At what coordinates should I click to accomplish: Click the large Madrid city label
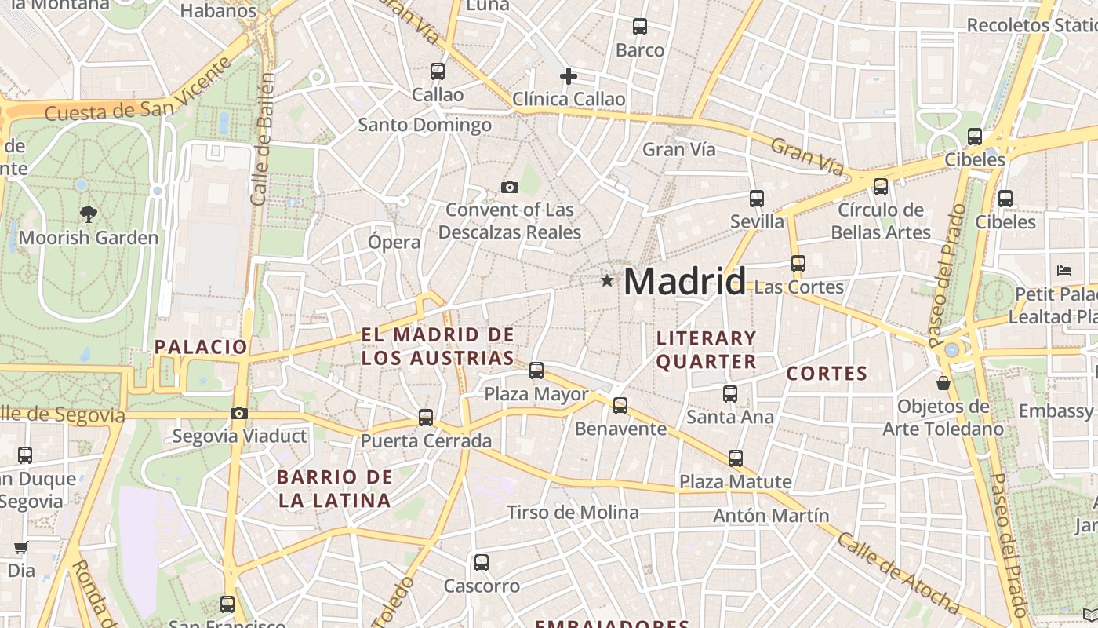point(684,281)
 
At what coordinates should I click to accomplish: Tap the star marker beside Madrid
point(606,280)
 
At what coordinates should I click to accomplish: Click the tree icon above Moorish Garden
point(89,214)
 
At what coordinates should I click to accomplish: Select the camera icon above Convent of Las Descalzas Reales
point(510,187)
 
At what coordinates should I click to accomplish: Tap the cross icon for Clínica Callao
point(569,76)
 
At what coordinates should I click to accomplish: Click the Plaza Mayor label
point(536,393)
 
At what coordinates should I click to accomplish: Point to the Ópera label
point(394,242)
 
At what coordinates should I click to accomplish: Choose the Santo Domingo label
point(424,125)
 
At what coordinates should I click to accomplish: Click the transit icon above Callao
point(438,71)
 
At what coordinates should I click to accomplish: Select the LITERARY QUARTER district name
point(706,350)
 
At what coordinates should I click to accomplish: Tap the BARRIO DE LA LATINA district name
point(334,488)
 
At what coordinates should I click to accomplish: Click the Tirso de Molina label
point(573,513)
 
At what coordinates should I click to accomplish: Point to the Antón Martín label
point(771,516)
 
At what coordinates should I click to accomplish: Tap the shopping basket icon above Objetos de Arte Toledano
point(943,383)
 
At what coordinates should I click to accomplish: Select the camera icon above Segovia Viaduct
point(239,414)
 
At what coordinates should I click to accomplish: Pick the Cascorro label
point(482,586)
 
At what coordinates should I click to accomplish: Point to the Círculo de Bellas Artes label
point(881,221)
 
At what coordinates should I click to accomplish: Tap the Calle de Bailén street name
point(263,140)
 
